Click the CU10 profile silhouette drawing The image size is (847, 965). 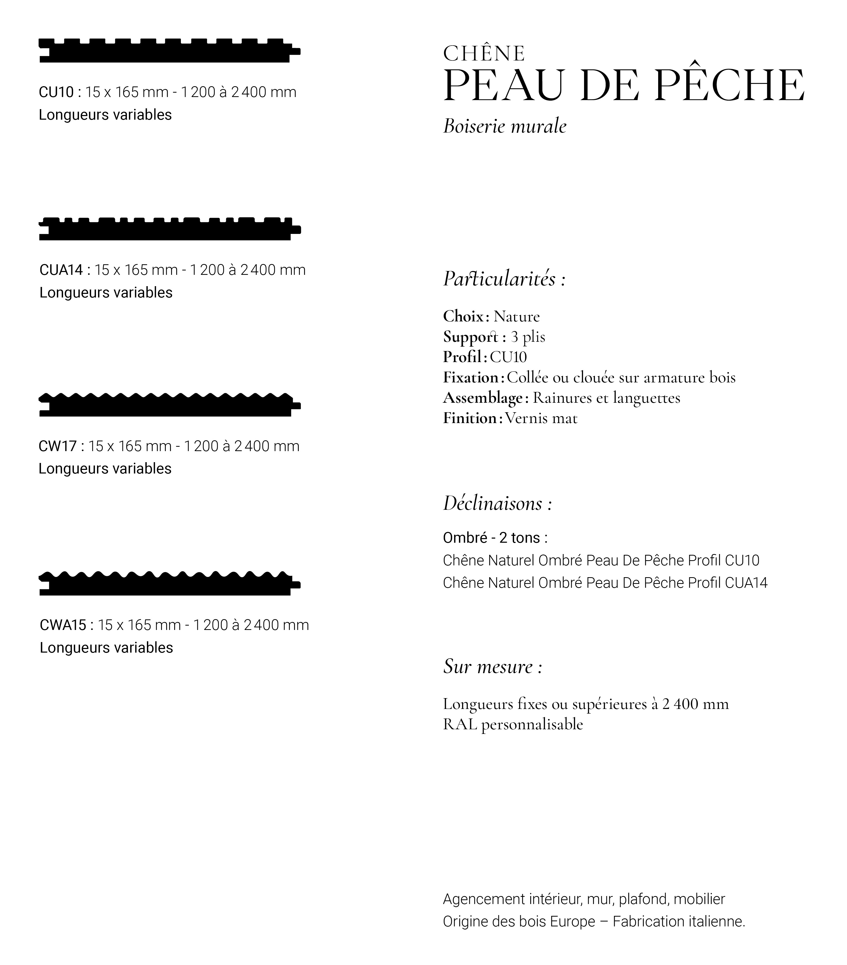tap(169, 50)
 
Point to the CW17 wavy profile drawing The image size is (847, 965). tap(169, 405)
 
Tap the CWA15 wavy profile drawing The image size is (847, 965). tap(169, 584)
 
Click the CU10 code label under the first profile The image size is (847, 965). tap(56, 92)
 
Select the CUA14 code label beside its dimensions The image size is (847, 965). tap(61, 270)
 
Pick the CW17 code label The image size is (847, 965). tap(57, 446)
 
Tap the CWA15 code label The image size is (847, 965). tap(63, 625)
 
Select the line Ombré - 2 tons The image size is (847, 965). tap(495, 538)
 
